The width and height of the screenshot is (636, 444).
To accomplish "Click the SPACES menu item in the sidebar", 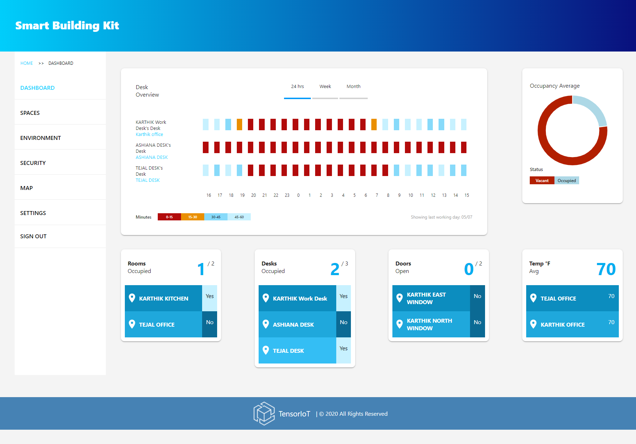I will [x=30, y=113].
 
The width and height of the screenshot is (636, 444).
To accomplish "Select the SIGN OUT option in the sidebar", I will [x=33, y=236].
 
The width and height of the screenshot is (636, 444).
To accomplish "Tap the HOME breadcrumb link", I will [x=26, y=63].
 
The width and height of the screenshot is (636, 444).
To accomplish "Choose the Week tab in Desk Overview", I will [x=325, y=87].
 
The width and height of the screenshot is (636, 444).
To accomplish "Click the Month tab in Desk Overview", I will [x=353, y=87].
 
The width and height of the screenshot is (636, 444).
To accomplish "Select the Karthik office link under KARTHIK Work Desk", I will [x=149, y=135].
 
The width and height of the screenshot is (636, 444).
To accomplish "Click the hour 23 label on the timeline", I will [x=287, y=195].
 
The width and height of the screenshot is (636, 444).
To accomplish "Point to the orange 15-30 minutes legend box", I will [x=192, y=217].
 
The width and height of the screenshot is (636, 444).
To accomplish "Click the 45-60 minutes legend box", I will [x=239, y=217].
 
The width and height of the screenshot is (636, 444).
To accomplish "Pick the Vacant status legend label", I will [x=542, y=181].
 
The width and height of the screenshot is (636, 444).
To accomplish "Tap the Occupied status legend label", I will [x=567, y=181].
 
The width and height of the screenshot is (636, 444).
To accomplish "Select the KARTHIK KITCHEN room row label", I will [x=163, y=299].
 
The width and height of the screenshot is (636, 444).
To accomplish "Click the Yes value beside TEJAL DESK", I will [x=343, y=349].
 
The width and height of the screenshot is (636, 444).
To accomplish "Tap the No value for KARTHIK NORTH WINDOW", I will [x=477, y=323].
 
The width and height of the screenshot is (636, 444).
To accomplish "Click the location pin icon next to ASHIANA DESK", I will [x=266, y=325].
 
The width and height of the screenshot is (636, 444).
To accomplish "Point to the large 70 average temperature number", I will [x=606, y=269].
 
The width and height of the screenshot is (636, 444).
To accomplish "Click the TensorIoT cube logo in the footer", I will [x=264, y=414].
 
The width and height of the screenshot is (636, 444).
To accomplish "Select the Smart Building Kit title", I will [x=67, y=26].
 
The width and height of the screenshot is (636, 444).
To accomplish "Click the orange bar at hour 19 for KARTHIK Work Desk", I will [x=239, y=125].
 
